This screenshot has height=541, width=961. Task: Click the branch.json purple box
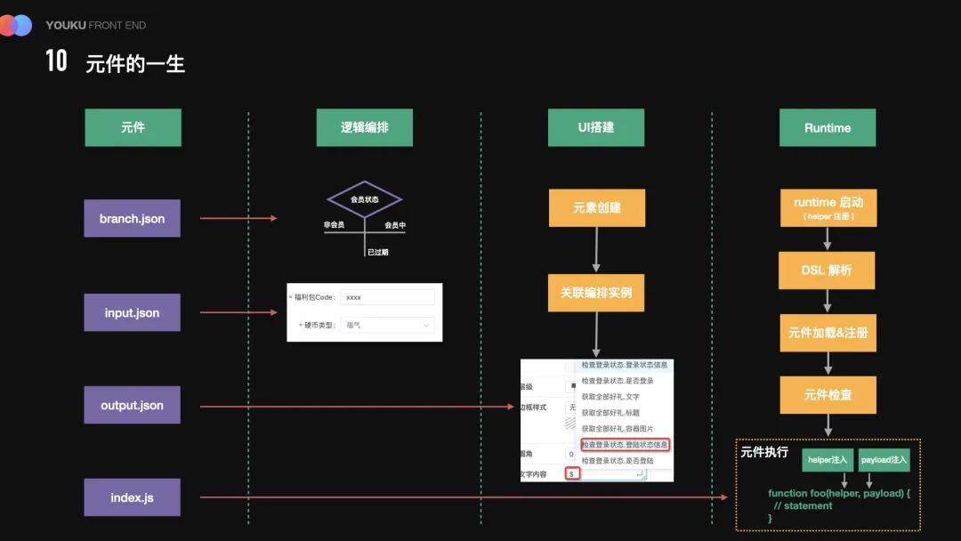point(132,218)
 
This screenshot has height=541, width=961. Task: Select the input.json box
point(132,312)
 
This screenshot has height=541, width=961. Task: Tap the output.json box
point(132,405)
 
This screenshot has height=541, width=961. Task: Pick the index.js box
point(132,497)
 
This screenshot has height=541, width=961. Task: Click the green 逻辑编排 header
point(364,127)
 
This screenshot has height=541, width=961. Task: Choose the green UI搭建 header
point(596,127)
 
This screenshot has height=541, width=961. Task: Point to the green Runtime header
point(828,127)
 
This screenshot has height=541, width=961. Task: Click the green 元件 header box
point(133,127)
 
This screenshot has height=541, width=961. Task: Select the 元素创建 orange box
point(596,207)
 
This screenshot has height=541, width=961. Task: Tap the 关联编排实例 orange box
point(596,293)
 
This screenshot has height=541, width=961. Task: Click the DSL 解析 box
point(828,270)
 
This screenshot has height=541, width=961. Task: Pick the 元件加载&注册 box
point(828,333)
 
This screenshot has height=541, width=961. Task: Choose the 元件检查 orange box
point(828,394)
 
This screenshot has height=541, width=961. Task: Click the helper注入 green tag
point(828,459)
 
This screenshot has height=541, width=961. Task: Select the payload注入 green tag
point(884,459)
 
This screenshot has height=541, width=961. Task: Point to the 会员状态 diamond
point(364,199)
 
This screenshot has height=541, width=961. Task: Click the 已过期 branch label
point(377,252)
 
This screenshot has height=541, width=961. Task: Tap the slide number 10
point(56,61)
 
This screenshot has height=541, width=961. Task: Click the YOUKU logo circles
point(16,25)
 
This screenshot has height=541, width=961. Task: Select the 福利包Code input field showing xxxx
point(387,297)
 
